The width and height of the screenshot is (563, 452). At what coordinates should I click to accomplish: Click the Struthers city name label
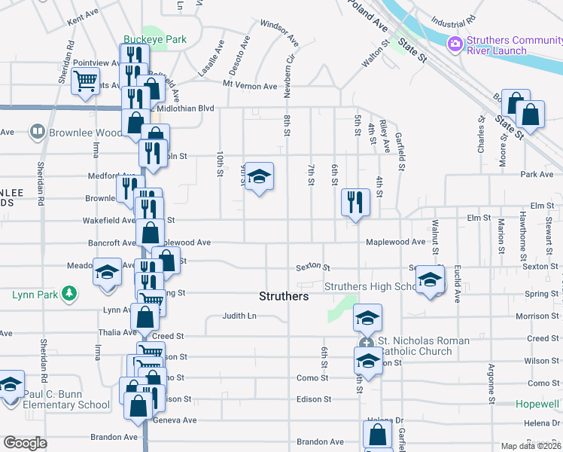(284, 296)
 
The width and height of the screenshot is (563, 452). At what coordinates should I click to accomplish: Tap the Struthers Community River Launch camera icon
(455, 44)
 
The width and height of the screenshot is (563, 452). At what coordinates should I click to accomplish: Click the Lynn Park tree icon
(69, 292)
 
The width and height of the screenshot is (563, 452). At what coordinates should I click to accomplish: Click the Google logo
(25, 442)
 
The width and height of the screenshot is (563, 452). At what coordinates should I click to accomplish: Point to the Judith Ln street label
(240, 316)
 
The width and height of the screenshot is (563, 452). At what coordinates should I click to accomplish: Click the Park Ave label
(537, 174)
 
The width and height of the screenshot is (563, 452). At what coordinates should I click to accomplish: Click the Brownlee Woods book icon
(37, 133)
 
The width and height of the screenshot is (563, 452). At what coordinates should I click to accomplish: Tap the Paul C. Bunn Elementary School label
(66, 399)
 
